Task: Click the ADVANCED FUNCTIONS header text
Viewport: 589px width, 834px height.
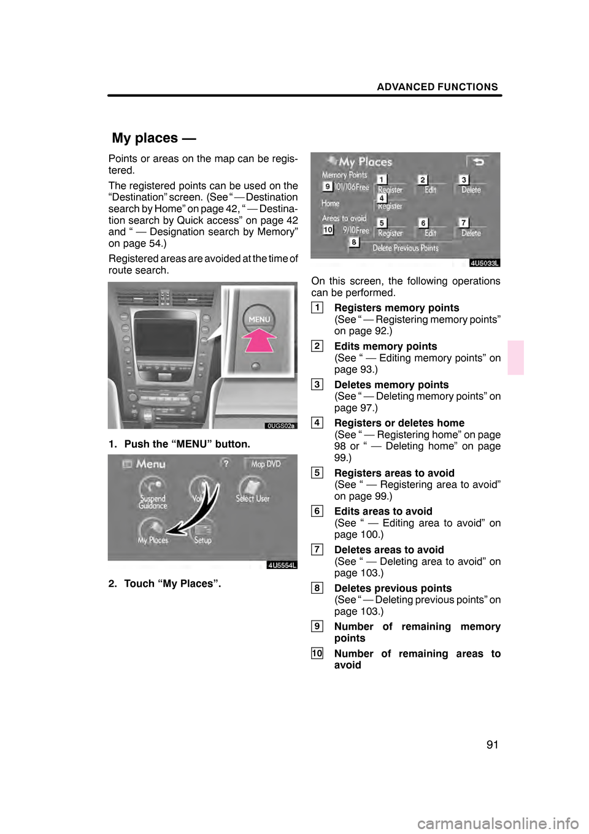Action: (437, 87)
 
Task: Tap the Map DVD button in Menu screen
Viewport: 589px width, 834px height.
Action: (265, 464)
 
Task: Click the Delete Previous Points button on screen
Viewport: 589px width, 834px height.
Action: (406, 248)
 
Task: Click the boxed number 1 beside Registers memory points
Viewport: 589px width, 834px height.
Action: (317, 308)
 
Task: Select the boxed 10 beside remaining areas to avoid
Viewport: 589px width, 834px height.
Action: (317, 654)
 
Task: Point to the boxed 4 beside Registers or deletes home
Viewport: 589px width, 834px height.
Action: (317, 423)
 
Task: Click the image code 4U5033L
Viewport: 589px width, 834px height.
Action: (485, 263)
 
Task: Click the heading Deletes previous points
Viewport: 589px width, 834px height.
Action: (393, 588)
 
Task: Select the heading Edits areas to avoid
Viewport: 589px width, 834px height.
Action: (383, 511)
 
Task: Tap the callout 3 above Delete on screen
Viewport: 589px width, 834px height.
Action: (464, 179)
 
